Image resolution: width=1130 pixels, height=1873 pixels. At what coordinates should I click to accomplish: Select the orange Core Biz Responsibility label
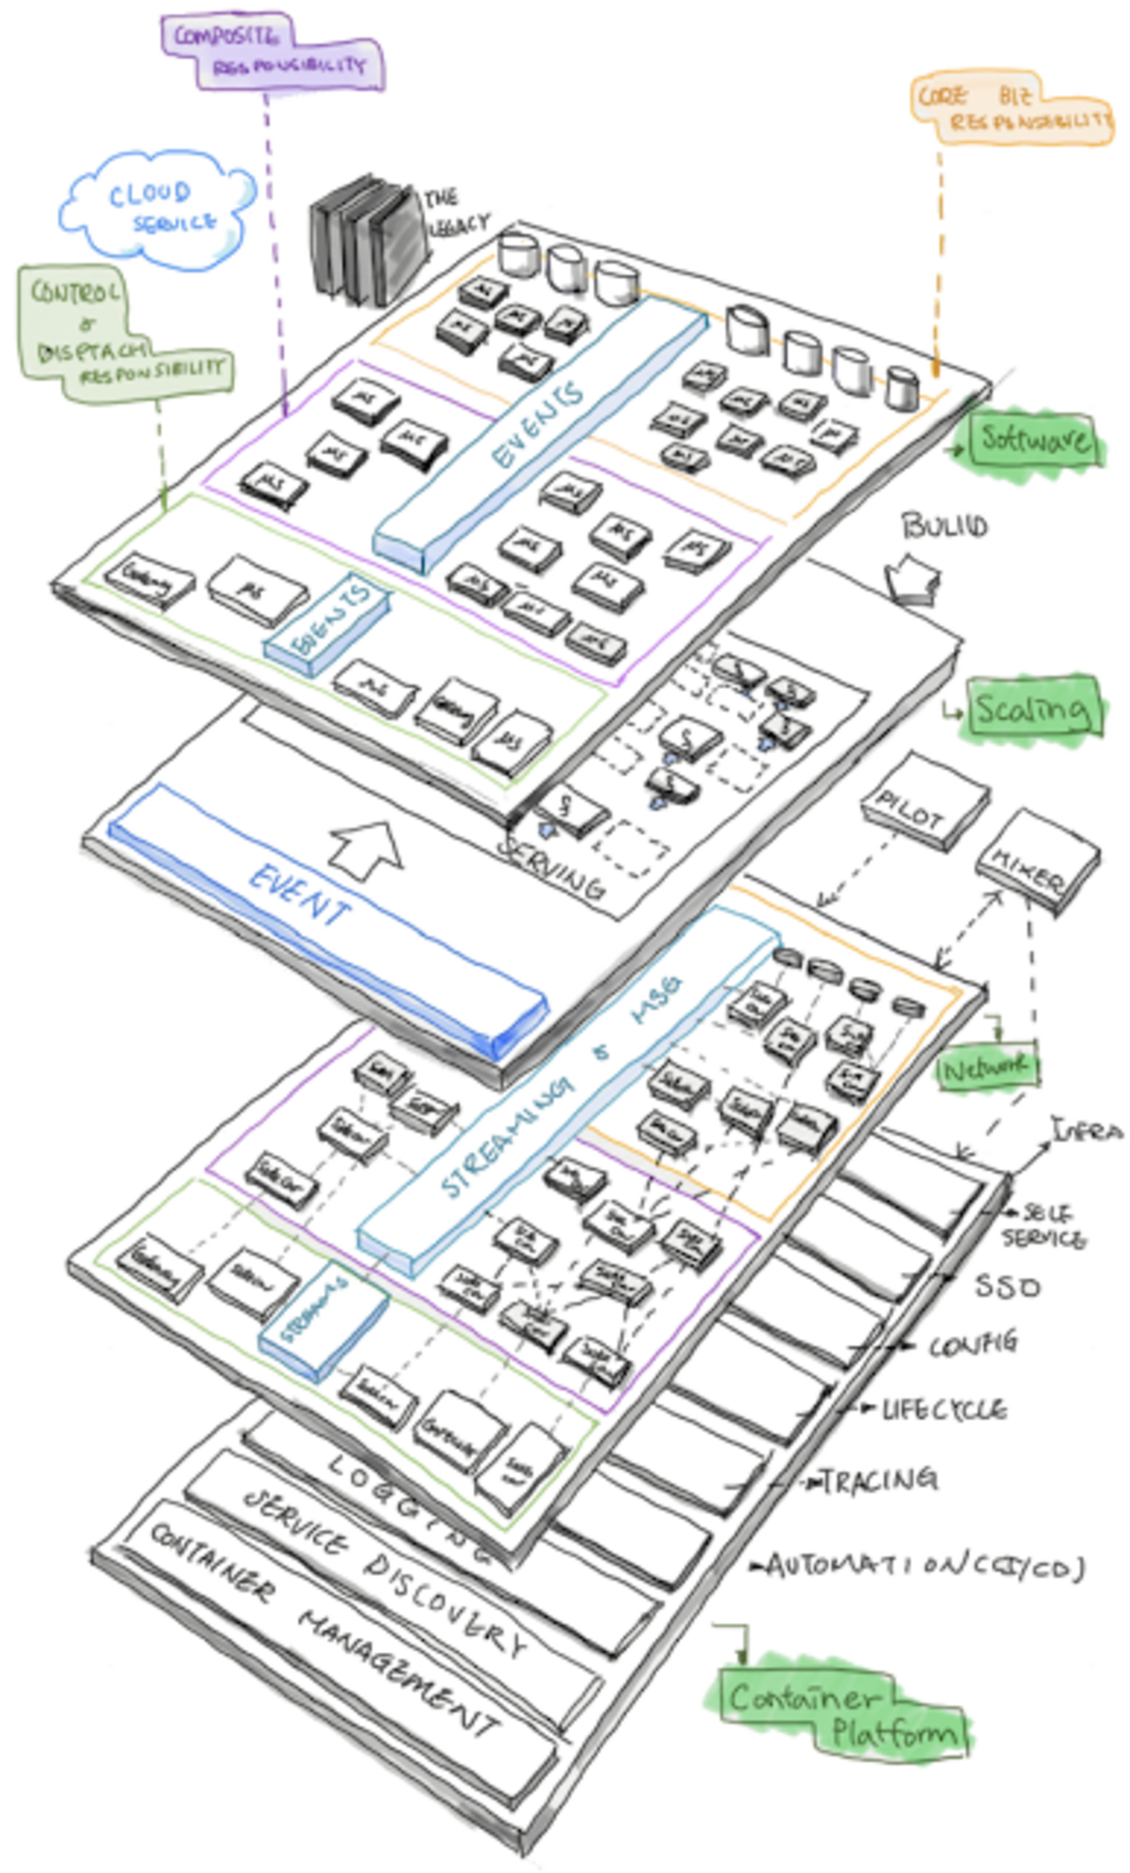[x=1011, y=109]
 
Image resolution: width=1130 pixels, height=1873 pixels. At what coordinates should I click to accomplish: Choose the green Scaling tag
[x=1031, y=708]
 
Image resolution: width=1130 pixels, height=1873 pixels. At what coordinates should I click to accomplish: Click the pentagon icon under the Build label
[x=912, y=579]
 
